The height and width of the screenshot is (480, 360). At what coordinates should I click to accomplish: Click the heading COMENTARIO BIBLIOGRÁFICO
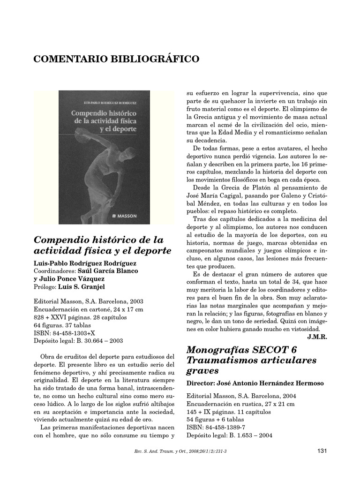pos(117,59)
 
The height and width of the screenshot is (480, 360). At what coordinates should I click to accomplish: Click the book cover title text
pos(104,121)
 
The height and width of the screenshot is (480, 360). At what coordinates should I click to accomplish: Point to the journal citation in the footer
pos(180,452)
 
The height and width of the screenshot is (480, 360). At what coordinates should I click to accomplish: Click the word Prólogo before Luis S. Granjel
pos(45,286)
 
